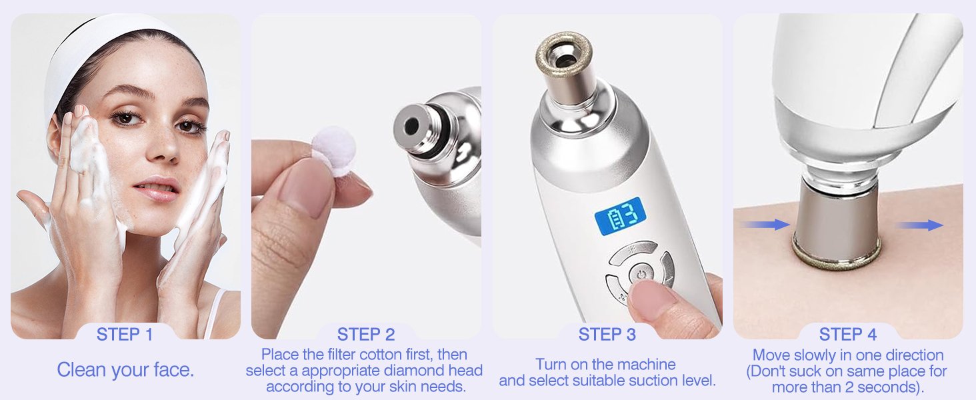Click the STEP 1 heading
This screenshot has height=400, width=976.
[125, 335]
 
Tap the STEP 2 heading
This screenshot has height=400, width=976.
[366, 335]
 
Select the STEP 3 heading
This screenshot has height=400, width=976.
[607, 335]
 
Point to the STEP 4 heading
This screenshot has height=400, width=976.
[848, 335]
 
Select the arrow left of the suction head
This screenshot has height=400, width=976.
[765, 225]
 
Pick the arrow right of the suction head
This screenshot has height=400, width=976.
[919, 225]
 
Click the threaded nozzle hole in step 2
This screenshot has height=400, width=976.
[411, 127]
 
